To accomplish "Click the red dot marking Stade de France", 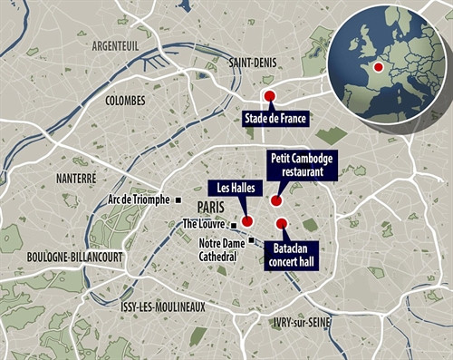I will coord(268,95).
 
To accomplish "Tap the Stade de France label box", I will coord(274,118).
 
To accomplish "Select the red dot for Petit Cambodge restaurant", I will coord(276,201).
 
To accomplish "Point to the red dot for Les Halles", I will coord(246,220).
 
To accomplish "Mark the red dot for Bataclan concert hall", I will coord(281,224).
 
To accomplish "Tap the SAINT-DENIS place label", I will coord(257,63).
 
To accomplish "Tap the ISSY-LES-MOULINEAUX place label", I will coord(162,306).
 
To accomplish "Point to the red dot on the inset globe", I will coord(378,66).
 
